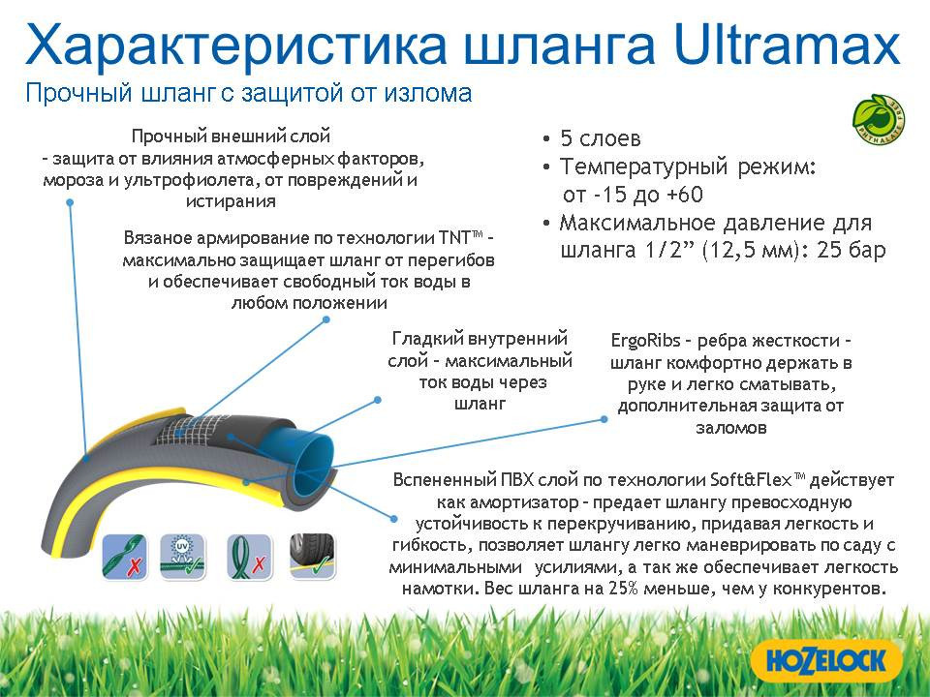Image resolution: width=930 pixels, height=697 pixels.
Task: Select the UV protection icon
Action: pyautogui.click(x=182, y=556)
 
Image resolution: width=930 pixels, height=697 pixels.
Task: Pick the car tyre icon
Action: pyautogui.click(x=310, y=556)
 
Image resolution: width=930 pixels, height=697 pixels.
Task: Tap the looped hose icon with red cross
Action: pyautogui.click(x=246, y=556)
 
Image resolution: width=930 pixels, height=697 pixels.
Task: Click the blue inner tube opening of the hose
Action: pyautogui.click(x=313, y=446)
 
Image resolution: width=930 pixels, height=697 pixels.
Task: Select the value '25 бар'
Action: pyautogui.click(x=850, y=251)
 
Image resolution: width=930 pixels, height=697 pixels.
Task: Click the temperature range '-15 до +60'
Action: pyautogui.click(x=639, y=195)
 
